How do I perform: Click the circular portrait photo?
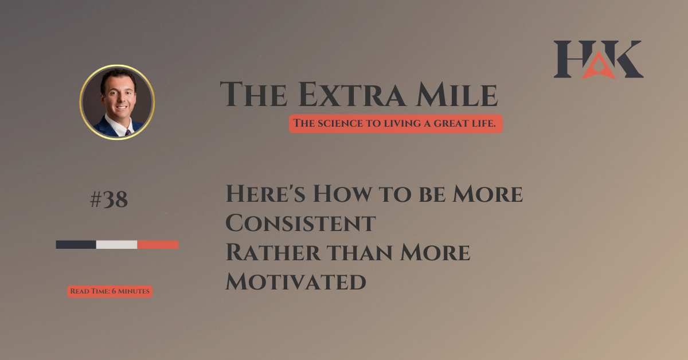tap(117, 102)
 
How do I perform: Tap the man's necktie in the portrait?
tap(128, 132)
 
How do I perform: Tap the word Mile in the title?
tap(457, 95)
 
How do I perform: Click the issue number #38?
tap(109, 199)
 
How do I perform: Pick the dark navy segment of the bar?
tap(76, 245)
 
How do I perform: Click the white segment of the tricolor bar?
tap(117, 245)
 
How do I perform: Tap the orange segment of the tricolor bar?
tap(158, 245)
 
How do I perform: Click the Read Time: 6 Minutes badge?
tap(110, 291)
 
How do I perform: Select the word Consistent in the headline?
tap(300, 223)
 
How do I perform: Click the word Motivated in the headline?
tap(296, 281)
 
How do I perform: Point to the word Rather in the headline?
tap(273, 252)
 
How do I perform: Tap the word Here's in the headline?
tap(265, 194)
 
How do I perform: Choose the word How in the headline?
tap(342, 194)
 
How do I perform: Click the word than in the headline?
tap(359, 252)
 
